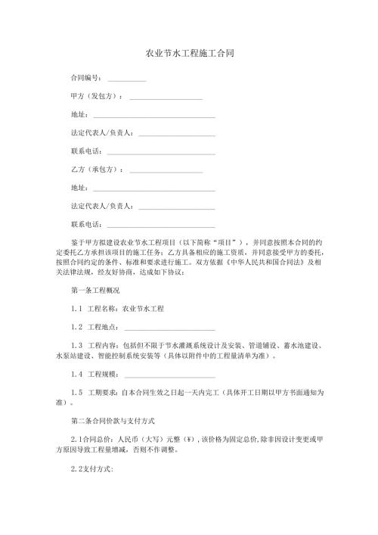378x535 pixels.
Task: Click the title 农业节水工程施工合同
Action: (x=189, y=54)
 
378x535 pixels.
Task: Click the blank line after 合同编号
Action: (x=126, y=79)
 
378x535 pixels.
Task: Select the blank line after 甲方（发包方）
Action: (x=166, y=98)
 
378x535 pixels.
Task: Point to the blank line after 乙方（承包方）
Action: (x=166, y=170)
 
